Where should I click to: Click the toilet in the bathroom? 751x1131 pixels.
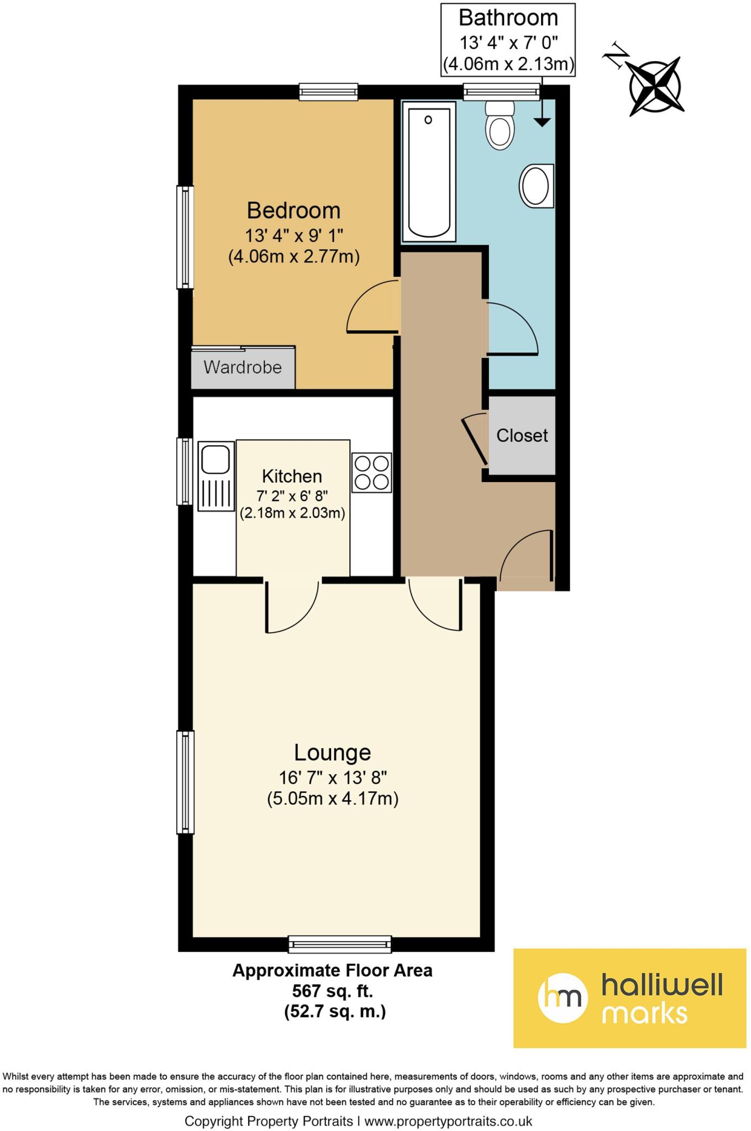click(500, 126)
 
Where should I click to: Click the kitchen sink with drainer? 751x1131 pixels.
click(216, 475)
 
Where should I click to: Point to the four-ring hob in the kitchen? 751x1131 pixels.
click(371, 473)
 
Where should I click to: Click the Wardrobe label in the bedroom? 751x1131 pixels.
click(243, 367)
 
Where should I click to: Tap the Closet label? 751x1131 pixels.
click(522, 436)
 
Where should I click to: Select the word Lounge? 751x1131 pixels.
click(332, 753)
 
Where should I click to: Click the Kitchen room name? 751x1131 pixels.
click(292, 476)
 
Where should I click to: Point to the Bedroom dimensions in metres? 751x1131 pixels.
click(294, 257)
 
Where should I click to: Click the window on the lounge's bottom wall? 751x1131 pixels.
click(340, 944)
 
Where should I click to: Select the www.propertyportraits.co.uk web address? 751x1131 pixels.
click(448, 1121)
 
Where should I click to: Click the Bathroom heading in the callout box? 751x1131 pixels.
click(508, 18)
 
